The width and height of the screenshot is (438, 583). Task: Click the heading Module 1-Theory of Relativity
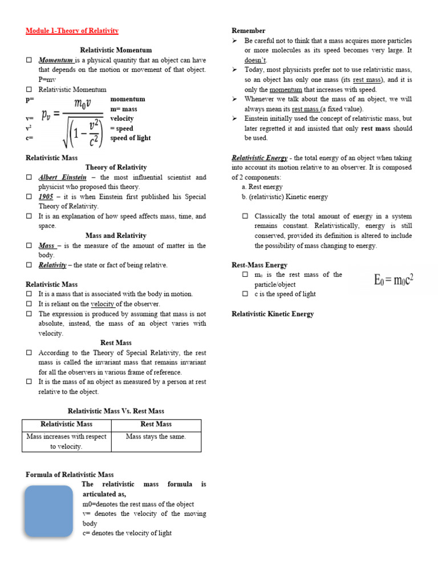point(72,31)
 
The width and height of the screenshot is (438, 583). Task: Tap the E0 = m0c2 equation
point(394,280)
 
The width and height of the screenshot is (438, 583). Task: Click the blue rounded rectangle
point(49,511)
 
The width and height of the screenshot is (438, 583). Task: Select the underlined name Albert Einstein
point(63,177)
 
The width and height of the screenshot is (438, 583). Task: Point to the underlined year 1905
point(46,196)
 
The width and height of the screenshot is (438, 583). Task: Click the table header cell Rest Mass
point(156,424)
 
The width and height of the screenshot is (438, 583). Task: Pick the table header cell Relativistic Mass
point(66,424)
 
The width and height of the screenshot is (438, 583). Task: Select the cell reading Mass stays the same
point(156,437)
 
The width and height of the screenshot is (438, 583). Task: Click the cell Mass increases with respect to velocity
point(66,441)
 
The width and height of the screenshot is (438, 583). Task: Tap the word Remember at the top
point(248,31)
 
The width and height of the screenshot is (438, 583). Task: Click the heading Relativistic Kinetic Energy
point(273,314)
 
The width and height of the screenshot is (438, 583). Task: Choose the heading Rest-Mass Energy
point(259,265)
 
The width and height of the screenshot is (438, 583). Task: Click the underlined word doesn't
point(255,60)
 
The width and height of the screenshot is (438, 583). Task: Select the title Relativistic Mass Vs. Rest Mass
point(116,411)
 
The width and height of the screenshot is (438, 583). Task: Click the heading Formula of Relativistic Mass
point(70,474)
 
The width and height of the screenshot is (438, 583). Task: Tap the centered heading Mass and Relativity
point(116,236)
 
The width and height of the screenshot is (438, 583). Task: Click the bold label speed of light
point(131,138)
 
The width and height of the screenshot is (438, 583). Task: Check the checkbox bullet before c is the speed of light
point(245,294)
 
